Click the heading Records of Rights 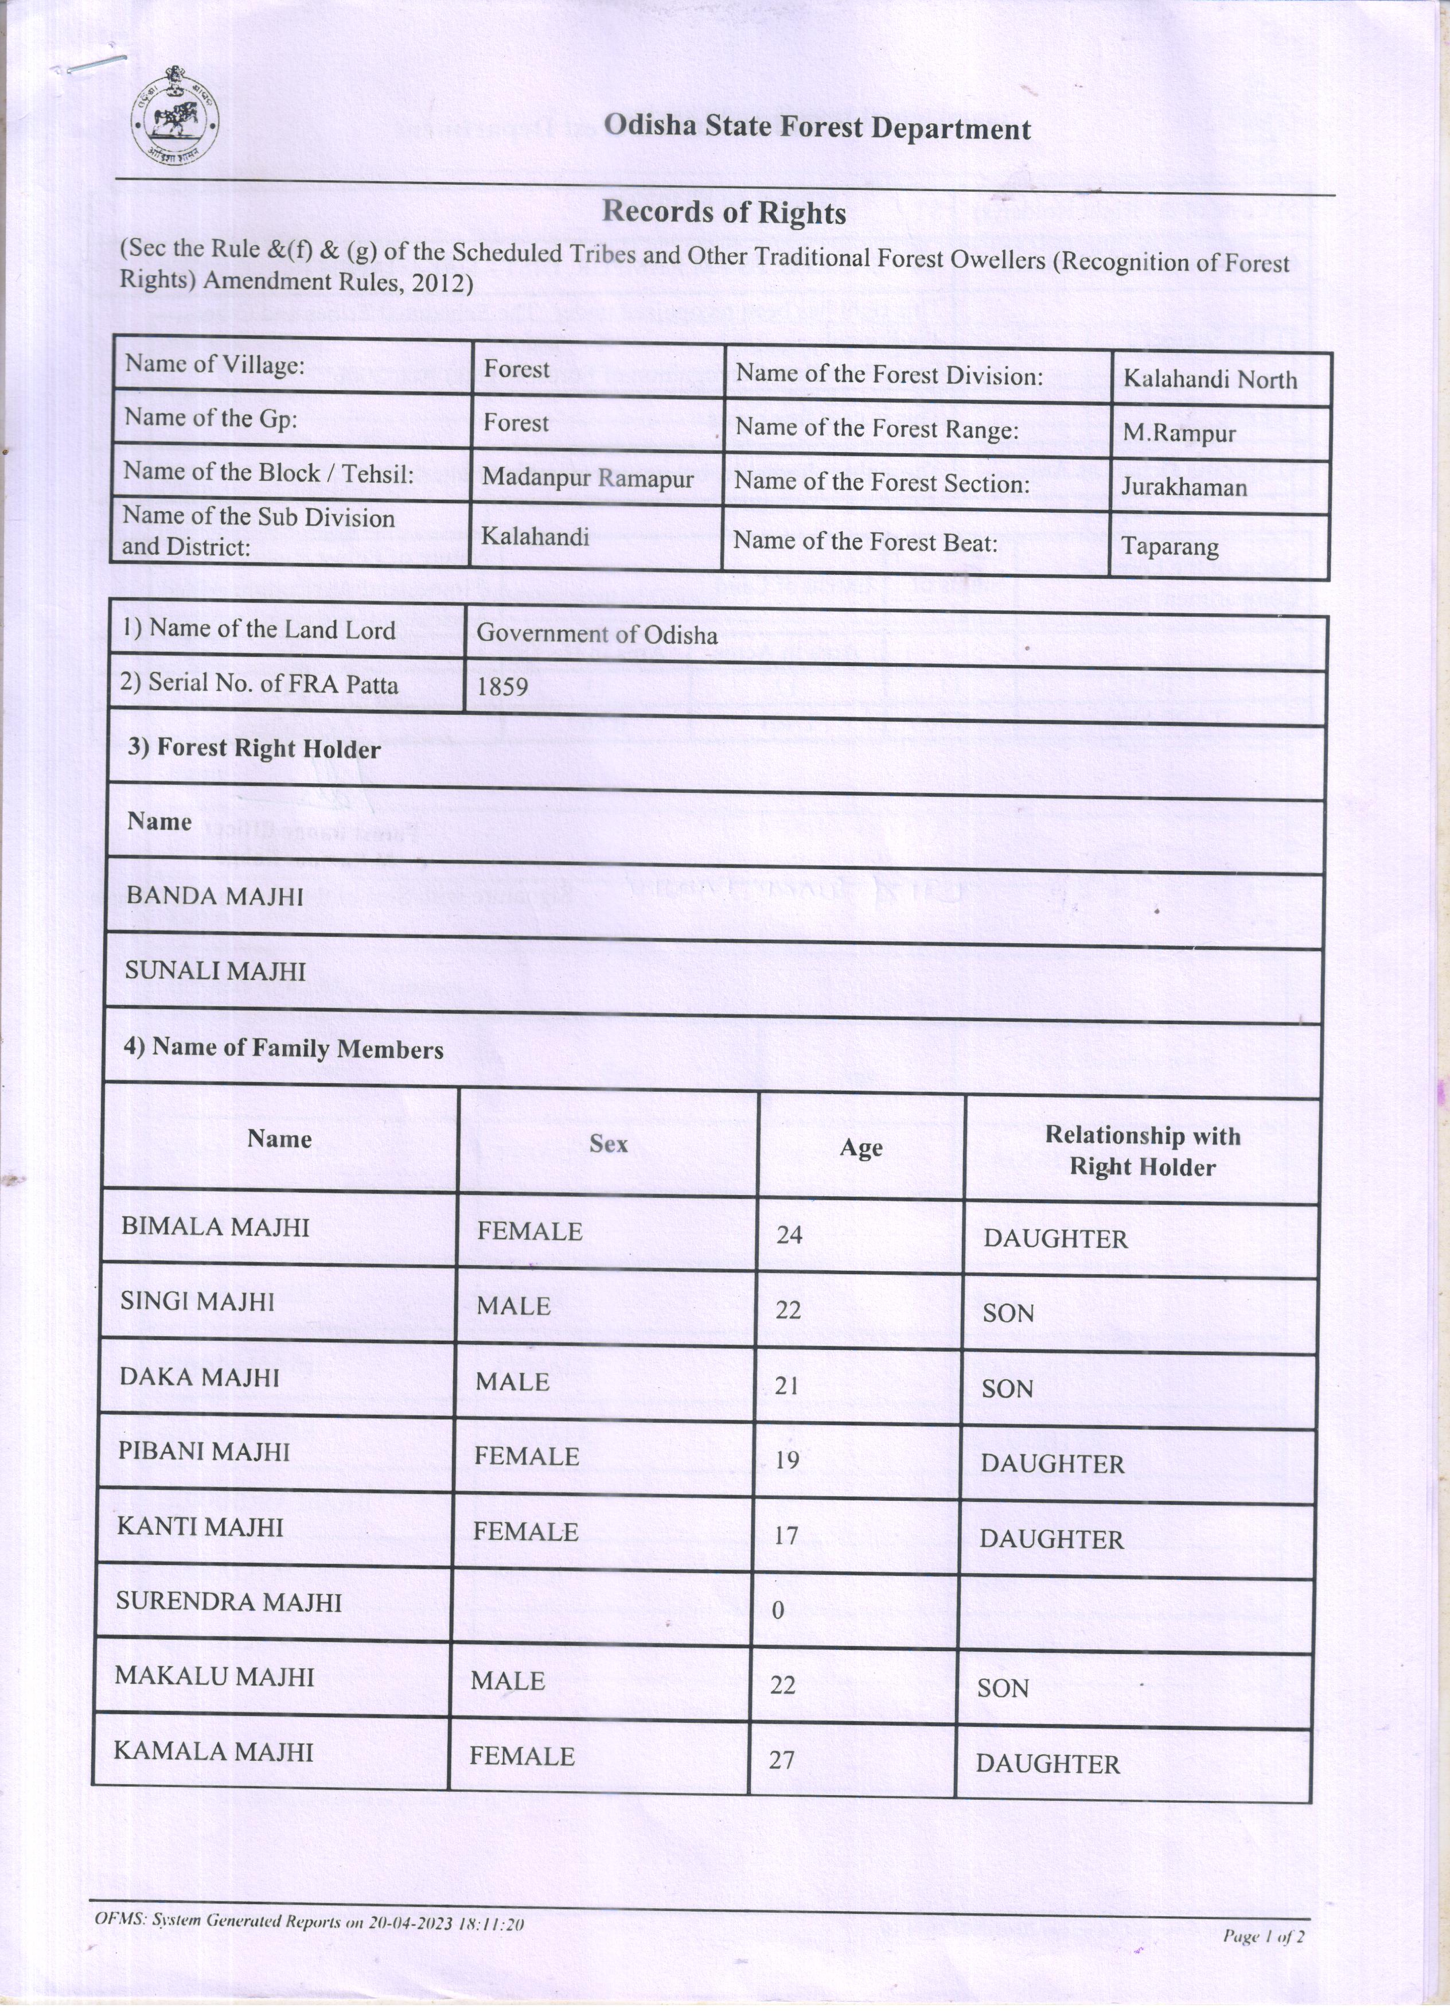pos(724,213)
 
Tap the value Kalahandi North pos(1210,380)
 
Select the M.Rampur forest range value pos(1179,434)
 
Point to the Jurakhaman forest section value pos(1183,487)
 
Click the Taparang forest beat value pos(1170,546)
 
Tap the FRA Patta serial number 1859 pos(502,686)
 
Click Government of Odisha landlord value pos(597,635)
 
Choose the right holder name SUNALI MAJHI pos(215,971)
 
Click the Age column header pos(861,1148)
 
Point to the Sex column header pos(609,1143)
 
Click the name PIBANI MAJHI pos(205,1451)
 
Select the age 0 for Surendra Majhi pos(778,1610)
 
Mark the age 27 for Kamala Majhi pos(781,1759)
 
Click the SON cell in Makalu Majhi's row pos(1003,1688)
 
